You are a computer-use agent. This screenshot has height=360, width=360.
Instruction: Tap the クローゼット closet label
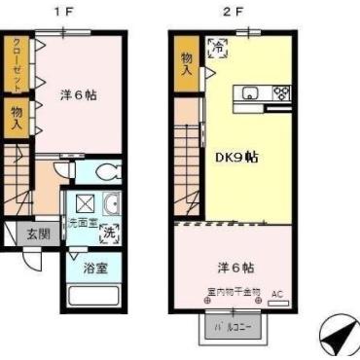click(x=17, y=63)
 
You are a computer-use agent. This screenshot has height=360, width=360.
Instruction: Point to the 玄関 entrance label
click(x=38, y=234)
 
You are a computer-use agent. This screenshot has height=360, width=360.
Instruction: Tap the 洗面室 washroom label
click(x=79, y=222)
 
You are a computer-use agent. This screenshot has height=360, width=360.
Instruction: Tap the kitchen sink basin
click(x=250, y=93)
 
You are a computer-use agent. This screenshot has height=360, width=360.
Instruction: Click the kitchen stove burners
click(x=281, y=93)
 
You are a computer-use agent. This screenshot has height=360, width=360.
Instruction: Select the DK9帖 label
click(x=234, y=156)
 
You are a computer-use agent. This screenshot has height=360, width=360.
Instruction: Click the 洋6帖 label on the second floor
click(x=234, y=267)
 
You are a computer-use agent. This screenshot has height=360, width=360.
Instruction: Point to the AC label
click(x=276, y=292)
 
